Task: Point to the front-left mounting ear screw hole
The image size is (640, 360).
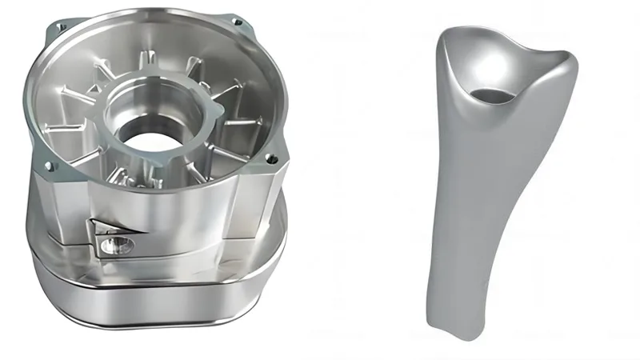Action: click(x=50, y=166)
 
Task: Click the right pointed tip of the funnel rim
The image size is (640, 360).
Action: click(x=570, y=57)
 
